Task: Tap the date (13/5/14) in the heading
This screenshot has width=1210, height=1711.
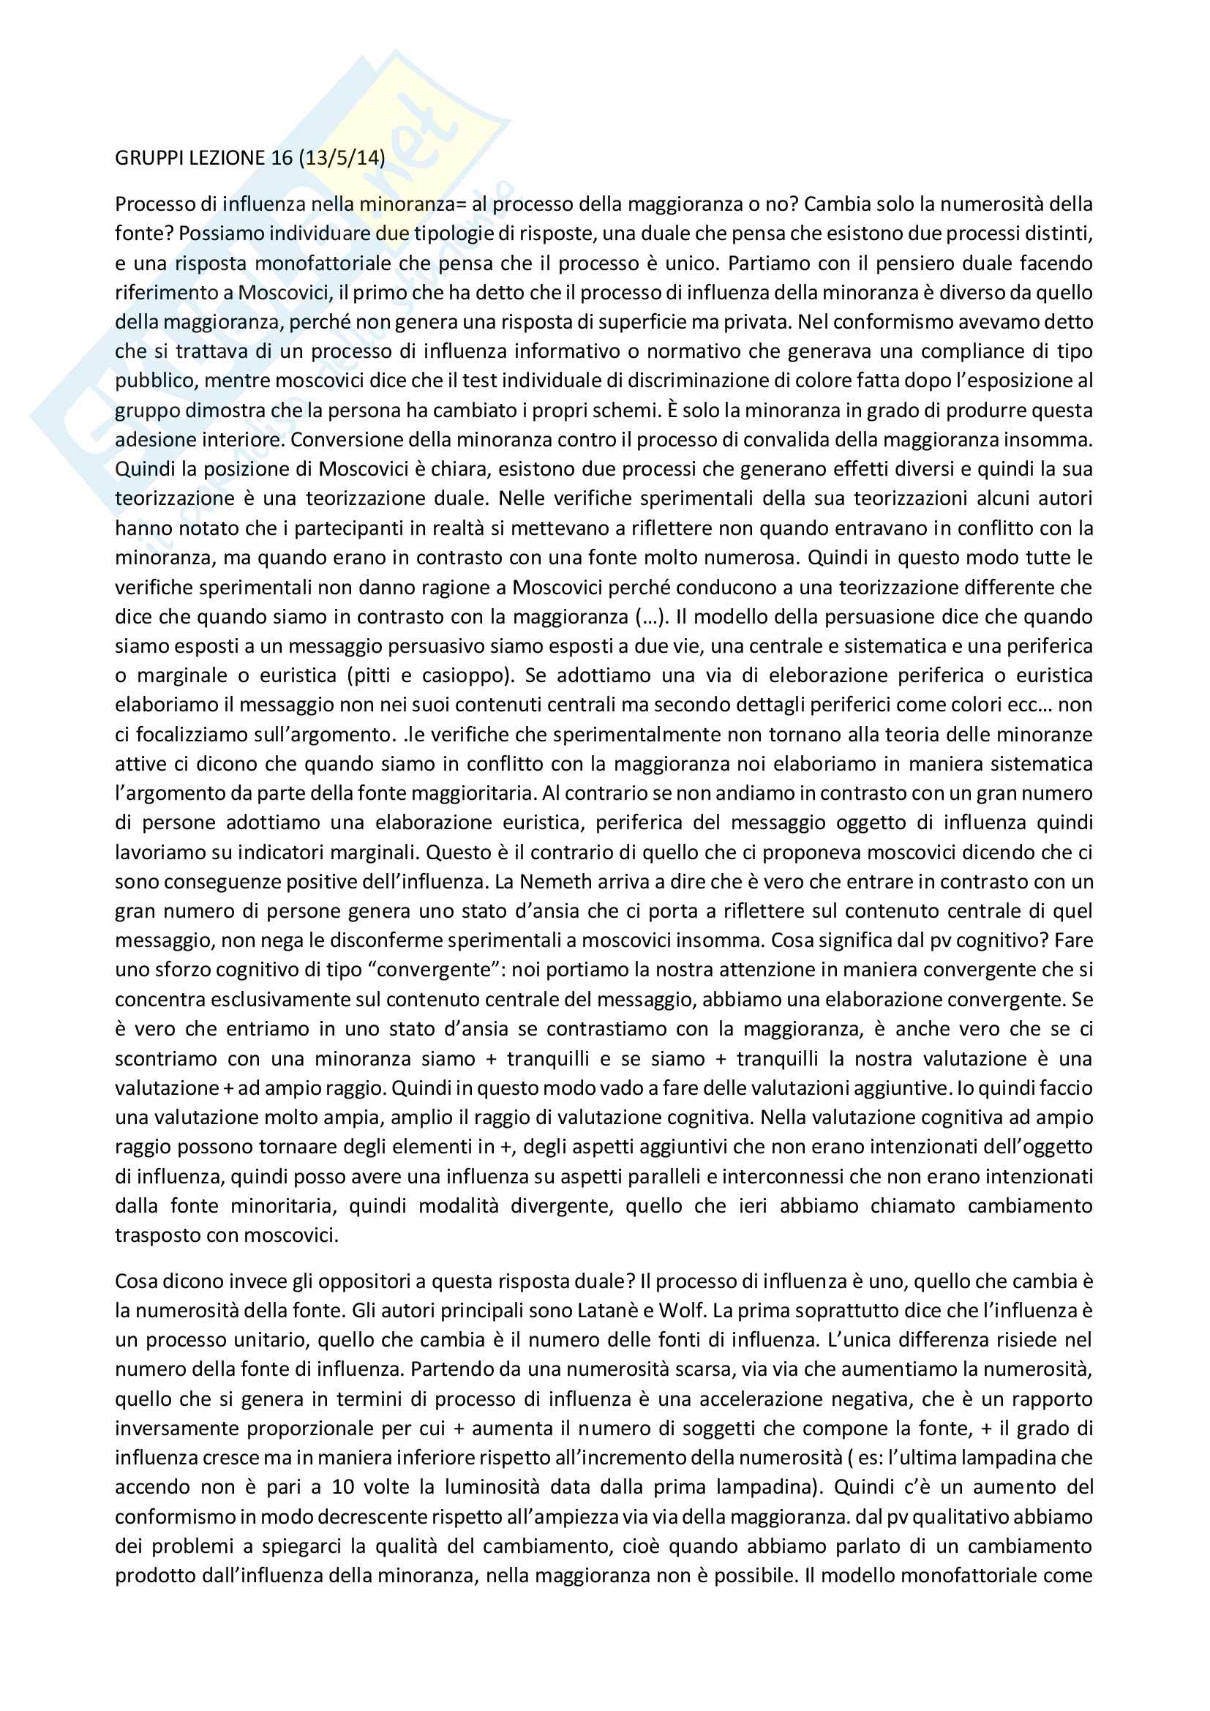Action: pos(342,158)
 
